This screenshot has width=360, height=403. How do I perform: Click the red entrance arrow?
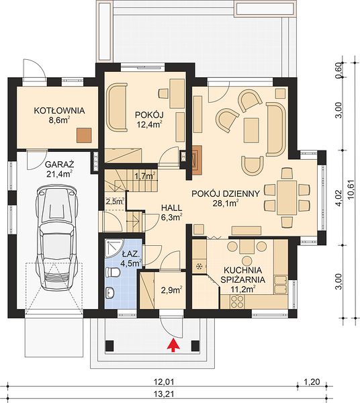173,345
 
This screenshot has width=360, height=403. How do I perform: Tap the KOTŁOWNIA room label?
59,111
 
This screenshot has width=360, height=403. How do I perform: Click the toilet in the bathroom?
113,272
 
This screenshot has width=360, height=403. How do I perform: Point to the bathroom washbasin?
111,293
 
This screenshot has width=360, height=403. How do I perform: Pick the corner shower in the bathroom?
114,247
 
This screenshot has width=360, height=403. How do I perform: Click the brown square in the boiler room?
84,135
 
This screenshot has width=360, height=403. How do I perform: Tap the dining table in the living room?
287,197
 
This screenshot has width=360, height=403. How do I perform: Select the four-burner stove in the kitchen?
237,302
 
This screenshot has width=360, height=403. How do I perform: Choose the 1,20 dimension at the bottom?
312,382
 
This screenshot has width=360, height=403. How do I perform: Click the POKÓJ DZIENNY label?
226,193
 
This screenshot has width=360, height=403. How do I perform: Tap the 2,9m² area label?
172,290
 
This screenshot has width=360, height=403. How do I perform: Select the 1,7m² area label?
145,176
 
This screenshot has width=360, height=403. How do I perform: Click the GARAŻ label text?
60,164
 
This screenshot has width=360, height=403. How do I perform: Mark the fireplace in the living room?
196,160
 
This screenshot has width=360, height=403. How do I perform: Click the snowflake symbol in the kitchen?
199,266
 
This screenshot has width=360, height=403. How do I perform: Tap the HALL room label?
171,208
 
